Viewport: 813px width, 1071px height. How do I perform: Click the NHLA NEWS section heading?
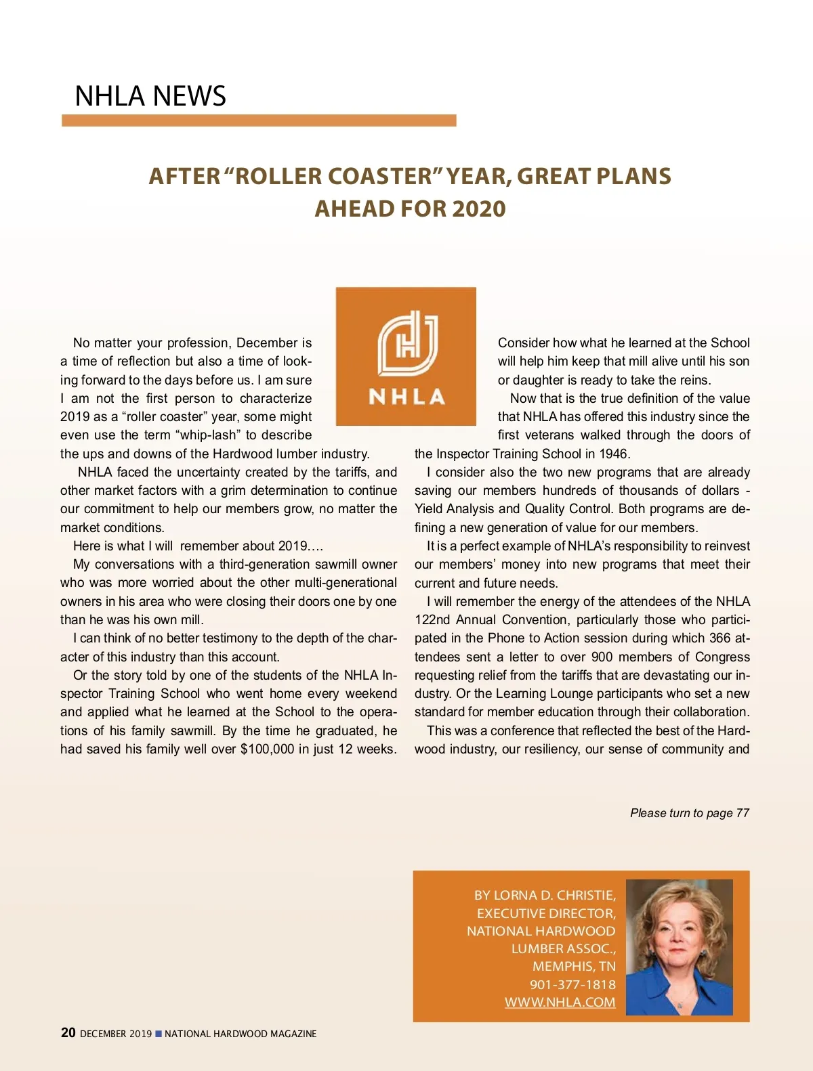coord(150,96)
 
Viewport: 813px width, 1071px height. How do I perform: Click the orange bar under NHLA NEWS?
coord(259,121)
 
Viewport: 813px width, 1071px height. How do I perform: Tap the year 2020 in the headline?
coord(478,209)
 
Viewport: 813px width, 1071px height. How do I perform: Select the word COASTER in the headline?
coord(380,176)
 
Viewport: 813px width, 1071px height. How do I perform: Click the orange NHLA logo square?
coord(406,356)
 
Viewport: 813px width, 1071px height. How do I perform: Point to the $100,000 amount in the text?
coord(267,749)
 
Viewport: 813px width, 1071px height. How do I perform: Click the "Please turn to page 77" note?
coord(690,813)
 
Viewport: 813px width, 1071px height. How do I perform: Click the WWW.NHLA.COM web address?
coord(560,1003)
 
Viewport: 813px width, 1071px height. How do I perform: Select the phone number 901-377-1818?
coord(572,985)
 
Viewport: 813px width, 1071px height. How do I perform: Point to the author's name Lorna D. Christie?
coord(554,896)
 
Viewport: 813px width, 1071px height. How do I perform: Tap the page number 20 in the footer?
coord(68,1033)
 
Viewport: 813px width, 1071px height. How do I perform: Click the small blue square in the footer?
coord(159,1034)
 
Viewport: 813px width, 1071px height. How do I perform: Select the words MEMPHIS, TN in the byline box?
coord(574,967)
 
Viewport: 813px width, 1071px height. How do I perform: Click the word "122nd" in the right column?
coord(433,620)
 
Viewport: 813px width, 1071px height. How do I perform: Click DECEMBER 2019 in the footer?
coord(116,1034)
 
